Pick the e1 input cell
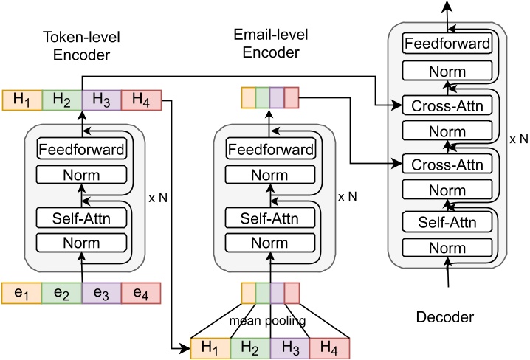pyautogui.click(x=22, y=293)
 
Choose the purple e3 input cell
pyautogui.click(x=100, y=293)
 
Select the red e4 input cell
pyautogui.click(x=140, y=293)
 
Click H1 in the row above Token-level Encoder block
pyautogui.click(x=22, y=100)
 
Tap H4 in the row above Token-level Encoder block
pyautogui.click(x=140, y=100)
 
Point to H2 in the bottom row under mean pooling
pyautogui.click(x=250, y=347)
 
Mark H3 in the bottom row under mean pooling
pyautogui.click(x=290, y=347)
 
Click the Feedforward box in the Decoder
pyautogui.click(x=447, y=44)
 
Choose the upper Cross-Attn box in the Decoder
pyautogui.click(x=447, y=105)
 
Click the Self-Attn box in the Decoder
pyautogui.click(x=447, y=221)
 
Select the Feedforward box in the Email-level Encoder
pyautogui.click(x=270, y=149)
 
